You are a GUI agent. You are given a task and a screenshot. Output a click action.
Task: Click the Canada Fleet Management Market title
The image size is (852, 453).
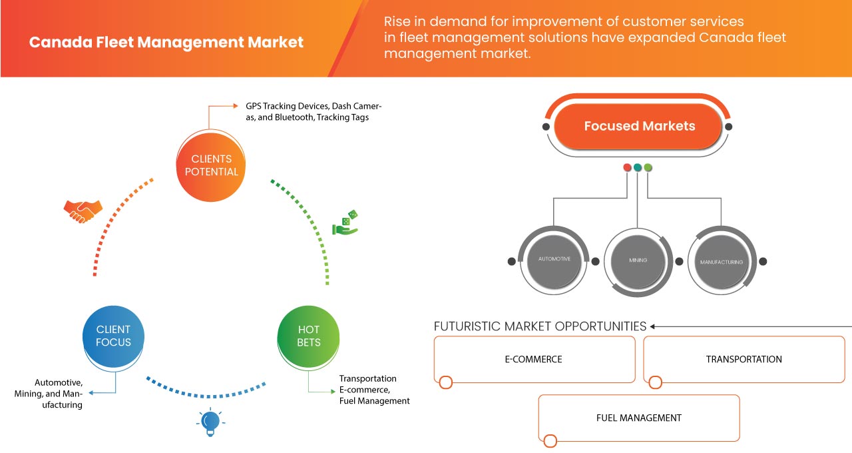[166, 43]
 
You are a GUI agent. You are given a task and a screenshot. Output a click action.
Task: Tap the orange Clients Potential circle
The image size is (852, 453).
[211, 165]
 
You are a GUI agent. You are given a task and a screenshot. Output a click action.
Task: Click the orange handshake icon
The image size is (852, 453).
[83, 211]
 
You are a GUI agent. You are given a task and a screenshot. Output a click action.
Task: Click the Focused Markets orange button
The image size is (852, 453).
[639, 126]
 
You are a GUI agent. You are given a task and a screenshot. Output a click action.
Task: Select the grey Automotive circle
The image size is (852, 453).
[554, 259]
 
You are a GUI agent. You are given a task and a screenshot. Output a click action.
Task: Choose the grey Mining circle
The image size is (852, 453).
[638, 260]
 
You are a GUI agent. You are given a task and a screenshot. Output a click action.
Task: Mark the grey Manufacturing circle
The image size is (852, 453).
[721, 262]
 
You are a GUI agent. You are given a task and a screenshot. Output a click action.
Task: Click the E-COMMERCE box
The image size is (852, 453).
[534, 359]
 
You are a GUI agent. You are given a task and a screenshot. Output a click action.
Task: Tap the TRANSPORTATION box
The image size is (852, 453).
[744, 359]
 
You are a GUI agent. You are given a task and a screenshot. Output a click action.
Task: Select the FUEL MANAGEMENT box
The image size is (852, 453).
[638, 418]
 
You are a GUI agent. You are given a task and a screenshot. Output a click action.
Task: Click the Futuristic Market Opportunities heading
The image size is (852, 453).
[540, 326]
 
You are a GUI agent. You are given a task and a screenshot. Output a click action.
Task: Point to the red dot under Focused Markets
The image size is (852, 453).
[627, 167]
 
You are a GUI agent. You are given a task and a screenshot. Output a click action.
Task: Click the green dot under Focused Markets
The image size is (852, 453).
[648, 167]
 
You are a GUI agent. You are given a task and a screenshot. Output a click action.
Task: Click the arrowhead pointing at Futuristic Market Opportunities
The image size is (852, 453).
[653, 326]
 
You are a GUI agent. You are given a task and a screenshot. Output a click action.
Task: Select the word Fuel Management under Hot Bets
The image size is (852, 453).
[374, 401]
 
